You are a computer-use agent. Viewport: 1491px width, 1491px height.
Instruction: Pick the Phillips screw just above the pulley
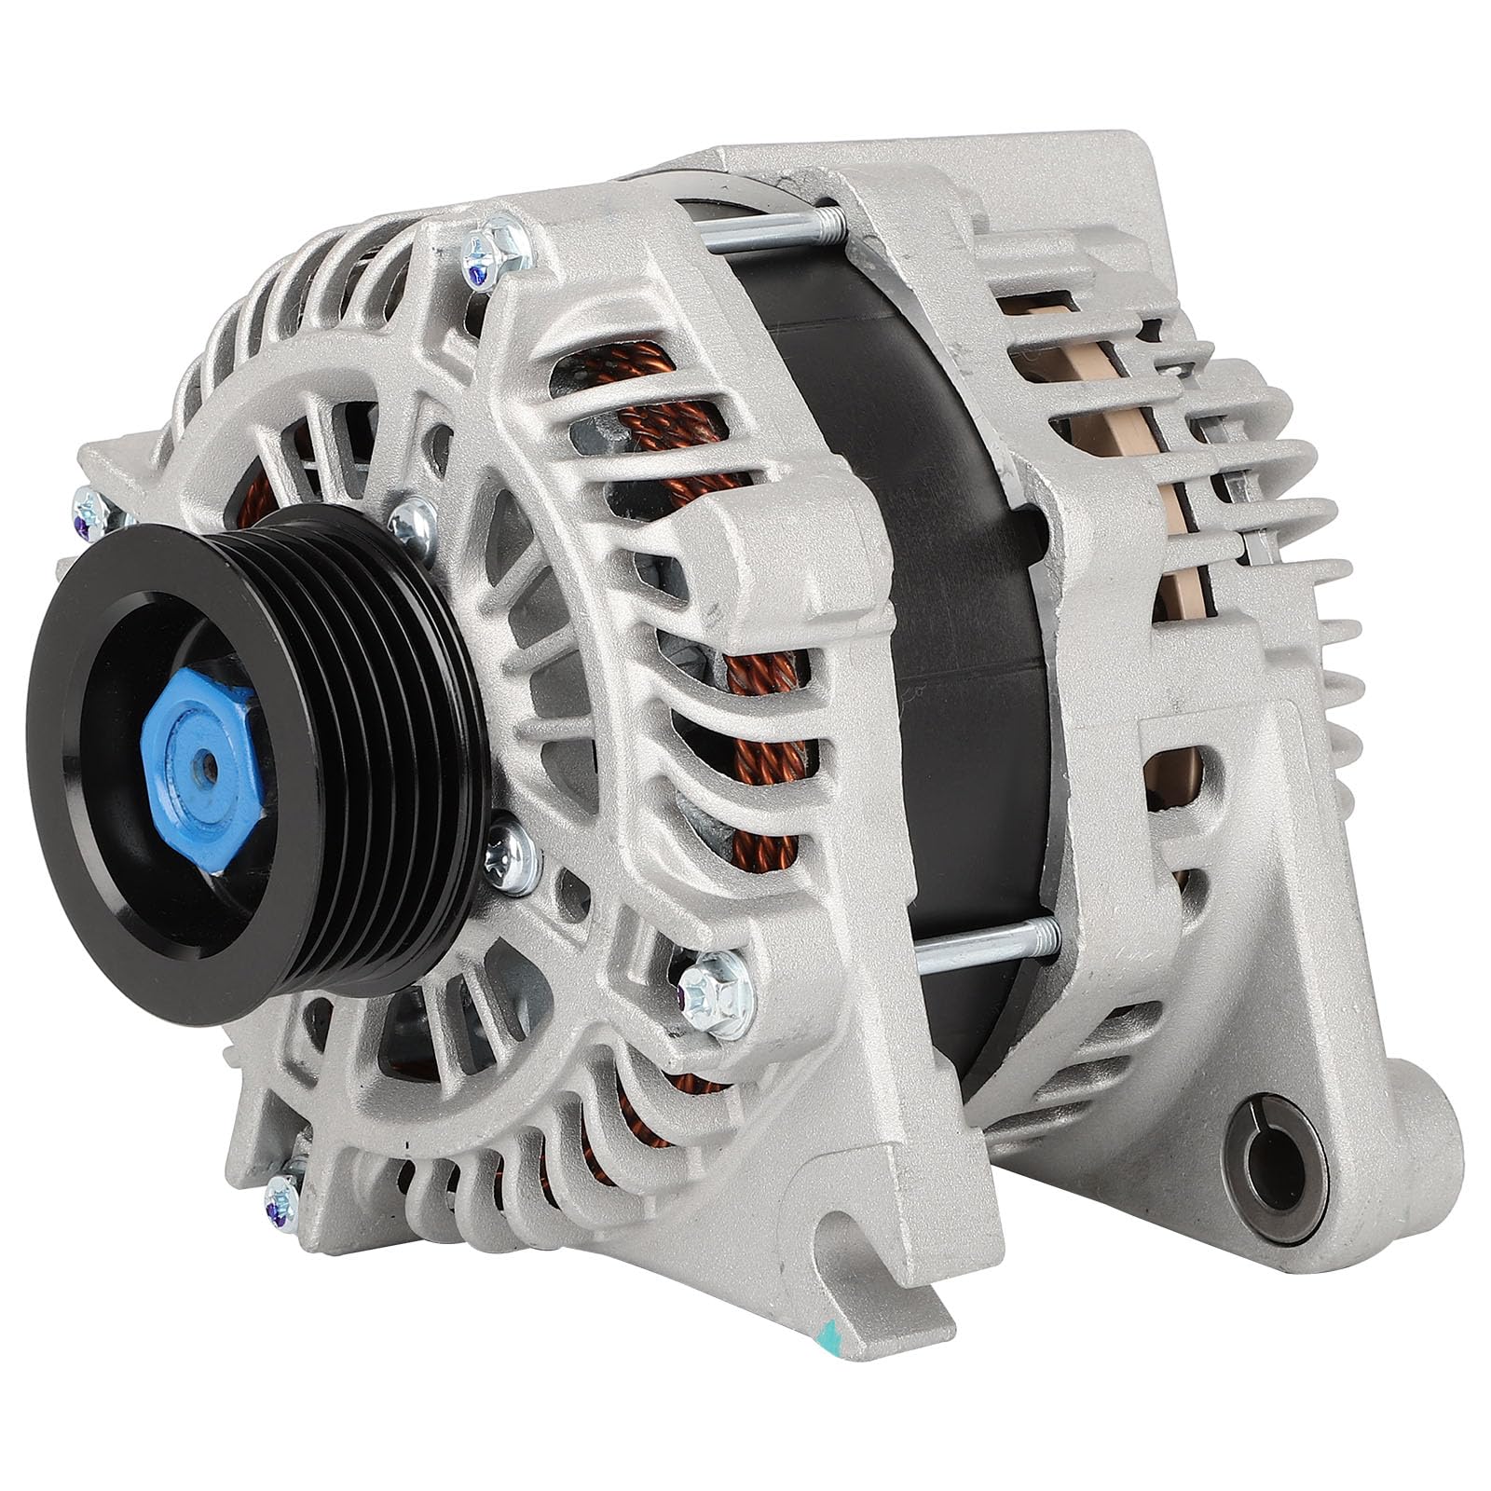[x=413, y=525]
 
